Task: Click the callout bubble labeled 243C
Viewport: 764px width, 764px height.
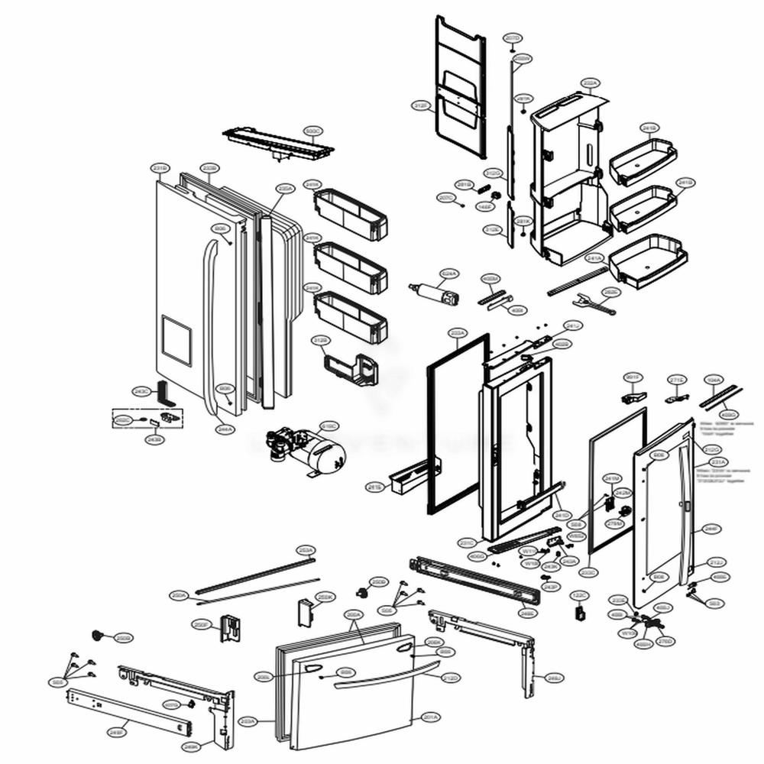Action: [141, 390]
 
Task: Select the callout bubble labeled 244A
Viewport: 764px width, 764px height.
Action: [225, 429]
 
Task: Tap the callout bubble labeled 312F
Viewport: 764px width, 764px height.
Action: [419, 105]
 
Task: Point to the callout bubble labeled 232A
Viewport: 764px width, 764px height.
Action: [590, 82]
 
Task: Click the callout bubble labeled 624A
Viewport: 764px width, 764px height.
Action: [449, 273]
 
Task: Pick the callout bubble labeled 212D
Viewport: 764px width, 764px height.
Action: [451, 678]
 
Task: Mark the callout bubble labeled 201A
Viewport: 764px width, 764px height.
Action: [429, 717]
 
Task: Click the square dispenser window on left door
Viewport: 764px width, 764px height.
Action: [176, 339]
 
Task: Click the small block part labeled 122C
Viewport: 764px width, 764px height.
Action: [579, 612]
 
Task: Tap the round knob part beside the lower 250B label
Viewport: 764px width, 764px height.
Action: [98, 634]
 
